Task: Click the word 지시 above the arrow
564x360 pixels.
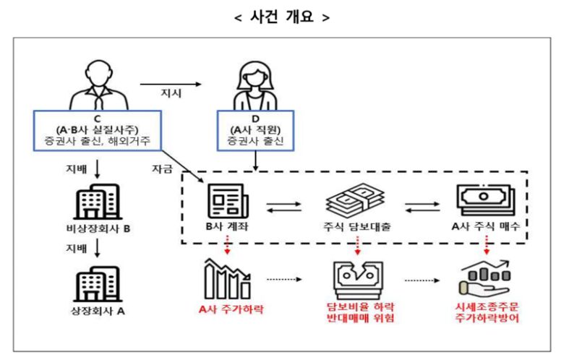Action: click(x=173, y=93)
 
